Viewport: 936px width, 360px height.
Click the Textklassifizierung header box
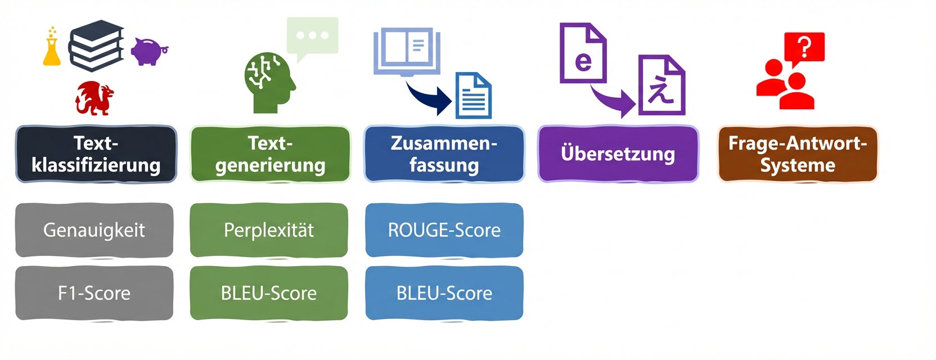click(96, 154)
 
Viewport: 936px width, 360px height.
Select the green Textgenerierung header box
click(270, 154)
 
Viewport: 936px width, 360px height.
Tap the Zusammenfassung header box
click(444, 154)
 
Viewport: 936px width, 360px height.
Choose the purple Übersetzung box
click(618, 154)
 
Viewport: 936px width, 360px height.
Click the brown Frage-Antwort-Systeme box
click(797, 154)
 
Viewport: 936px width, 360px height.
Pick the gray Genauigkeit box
click(94, 230)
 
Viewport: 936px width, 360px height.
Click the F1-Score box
click(94, 293)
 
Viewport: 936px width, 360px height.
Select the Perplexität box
click(268, 230)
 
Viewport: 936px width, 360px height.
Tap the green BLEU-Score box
click(268, 293)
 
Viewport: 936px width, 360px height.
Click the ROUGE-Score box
click(444, 230)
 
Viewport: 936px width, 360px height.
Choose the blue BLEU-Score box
click(444, 293)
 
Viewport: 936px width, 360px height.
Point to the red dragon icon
click(94, 98)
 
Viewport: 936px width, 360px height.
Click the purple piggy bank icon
click(148, 52)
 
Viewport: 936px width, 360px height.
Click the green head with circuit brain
click(268, 82)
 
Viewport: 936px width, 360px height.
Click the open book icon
click(407, 51)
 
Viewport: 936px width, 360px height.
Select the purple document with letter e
click(583, 53)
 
